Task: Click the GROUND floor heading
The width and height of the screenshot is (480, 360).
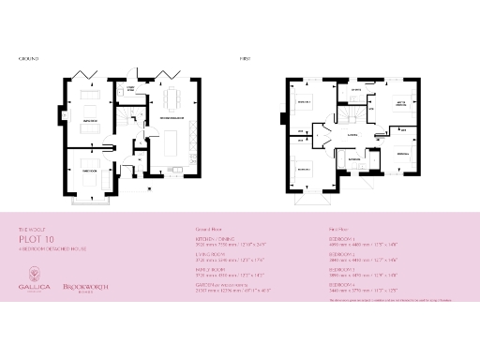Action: pyautogui.click(x=27, y=58)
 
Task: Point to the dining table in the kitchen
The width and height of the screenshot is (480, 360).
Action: pyautogui.click(x=170, y=98)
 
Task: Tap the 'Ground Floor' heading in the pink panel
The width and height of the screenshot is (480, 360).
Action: pyautogui.click(x=207, y=229)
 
